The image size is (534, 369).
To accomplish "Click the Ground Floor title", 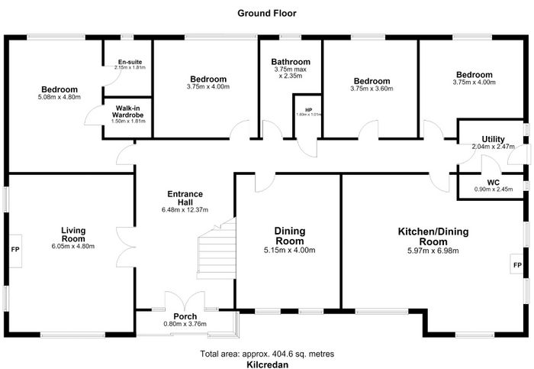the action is click(x=267, y=13).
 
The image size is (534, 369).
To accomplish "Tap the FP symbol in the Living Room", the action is click(x=15, y=250).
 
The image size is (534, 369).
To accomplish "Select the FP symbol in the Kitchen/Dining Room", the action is click(x=517, y=264).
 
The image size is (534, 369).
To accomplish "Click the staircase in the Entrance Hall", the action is click(x=216, y=249).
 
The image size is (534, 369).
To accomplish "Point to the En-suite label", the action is click(x=130, y=62).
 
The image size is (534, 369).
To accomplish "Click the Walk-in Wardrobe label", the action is click(x=127, y=112).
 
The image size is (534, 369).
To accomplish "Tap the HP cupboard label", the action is click(x=308, y=110).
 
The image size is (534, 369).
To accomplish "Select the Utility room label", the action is click(x=493, y=139).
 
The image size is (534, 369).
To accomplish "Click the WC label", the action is click(x=493, y=183).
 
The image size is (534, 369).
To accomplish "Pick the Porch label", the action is click(x=185, y=316).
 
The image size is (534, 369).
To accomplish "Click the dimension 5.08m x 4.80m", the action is click(x=60, y=97).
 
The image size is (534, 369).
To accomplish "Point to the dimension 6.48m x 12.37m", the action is click(x=185, y=210).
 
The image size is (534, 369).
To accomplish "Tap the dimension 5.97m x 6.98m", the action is click(x=433, y=251).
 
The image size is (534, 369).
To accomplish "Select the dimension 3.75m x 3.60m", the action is click(x=372, y=89).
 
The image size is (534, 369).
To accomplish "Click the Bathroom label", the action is click(x=291, y=62).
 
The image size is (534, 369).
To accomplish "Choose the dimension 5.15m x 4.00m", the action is click(x=289, y=251).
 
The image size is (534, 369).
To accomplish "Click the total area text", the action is click(x=267, y=354).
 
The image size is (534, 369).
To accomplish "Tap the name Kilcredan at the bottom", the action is click(x=267, y=364).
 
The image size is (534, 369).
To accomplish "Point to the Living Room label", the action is click(x=73, y=235).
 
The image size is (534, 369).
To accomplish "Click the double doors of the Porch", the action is click(x=185, y=301).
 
